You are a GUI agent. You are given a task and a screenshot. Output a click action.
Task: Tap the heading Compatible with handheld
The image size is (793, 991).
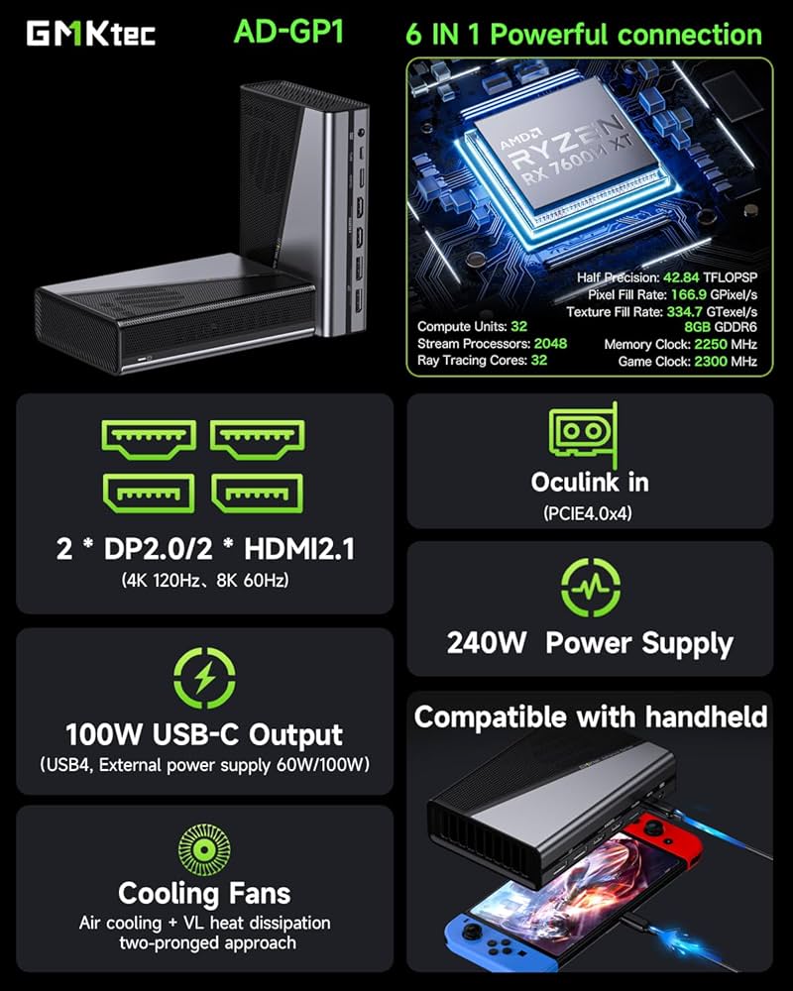click(x=590, y=716)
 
